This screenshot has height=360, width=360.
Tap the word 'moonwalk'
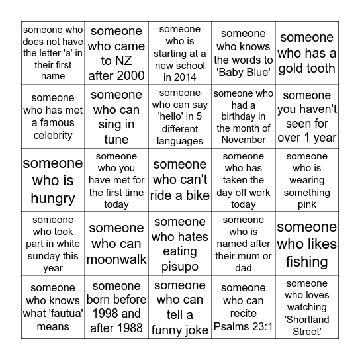click(x=116, y=259)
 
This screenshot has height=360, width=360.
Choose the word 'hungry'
click(x=53, y=197)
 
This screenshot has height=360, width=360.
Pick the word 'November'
click(x=244, y=139)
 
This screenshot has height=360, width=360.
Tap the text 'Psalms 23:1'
click(x=244, y=326)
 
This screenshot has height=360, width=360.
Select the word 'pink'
click(x=306, y=204)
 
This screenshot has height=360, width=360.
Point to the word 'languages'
click(x=180, y=140)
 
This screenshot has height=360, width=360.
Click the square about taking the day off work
click(x=244, y=180)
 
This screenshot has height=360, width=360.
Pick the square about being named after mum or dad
click(x=244, y=244)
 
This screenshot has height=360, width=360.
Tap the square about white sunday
click(x=53, y=244)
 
